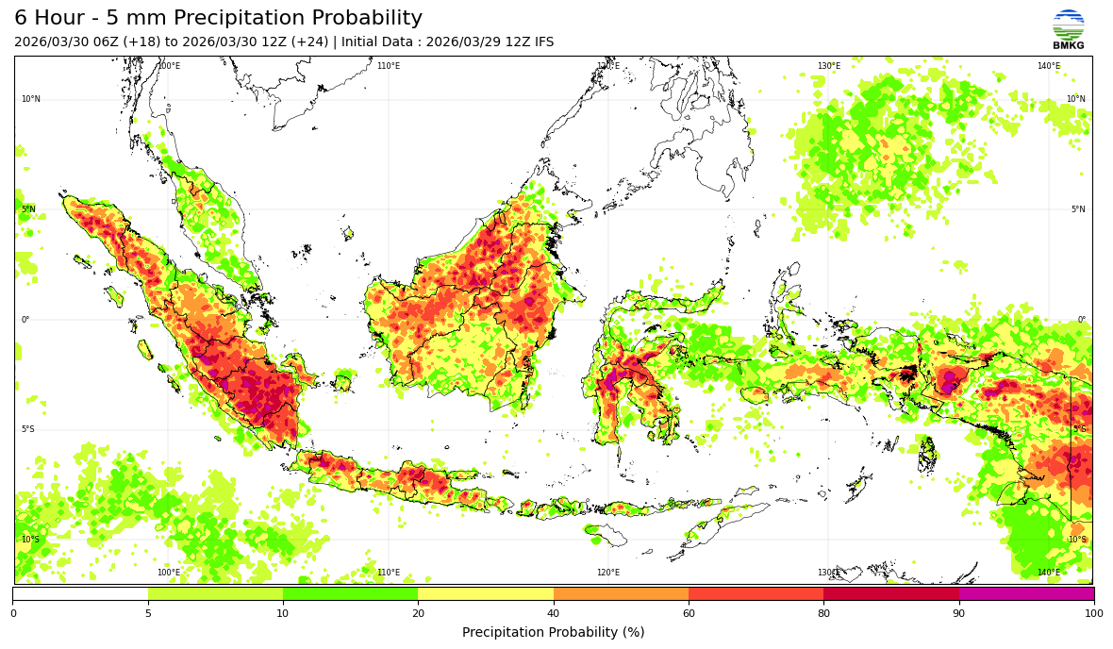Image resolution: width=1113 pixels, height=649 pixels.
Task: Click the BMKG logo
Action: (1069, 28)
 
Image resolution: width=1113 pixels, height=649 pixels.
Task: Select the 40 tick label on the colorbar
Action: (554, 614)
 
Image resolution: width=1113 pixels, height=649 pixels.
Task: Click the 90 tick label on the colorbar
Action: (959, 614)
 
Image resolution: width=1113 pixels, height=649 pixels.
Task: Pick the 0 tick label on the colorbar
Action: (13, 614)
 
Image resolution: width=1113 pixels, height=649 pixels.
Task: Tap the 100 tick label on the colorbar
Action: (1093, 614)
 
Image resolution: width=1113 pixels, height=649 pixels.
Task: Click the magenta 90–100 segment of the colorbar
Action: (1026, 594)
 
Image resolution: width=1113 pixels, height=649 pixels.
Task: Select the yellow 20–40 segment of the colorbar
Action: (486, 594)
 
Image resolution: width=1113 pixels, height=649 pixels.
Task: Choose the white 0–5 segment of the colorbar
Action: (80, 594)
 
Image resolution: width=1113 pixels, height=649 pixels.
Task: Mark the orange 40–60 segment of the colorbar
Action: (621, 594)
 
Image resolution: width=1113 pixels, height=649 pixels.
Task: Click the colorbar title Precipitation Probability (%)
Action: (554, 632)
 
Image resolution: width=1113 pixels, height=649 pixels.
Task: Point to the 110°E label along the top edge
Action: (389, 66)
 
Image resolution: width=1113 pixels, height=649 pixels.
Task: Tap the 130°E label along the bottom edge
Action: (828, 573)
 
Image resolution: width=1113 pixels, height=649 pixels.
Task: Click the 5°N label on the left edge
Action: (28, 209)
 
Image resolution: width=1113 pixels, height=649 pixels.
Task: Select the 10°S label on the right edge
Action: (1076, 540)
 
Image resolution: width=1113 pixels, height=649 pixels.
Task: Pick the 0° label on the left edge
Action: (25, 320)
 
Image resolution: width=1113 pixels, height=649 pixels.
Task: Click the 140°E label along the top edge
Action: (1049, 66)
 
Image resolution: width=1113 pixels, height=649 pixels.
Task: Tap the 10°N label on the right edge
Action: (1076, 99)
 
